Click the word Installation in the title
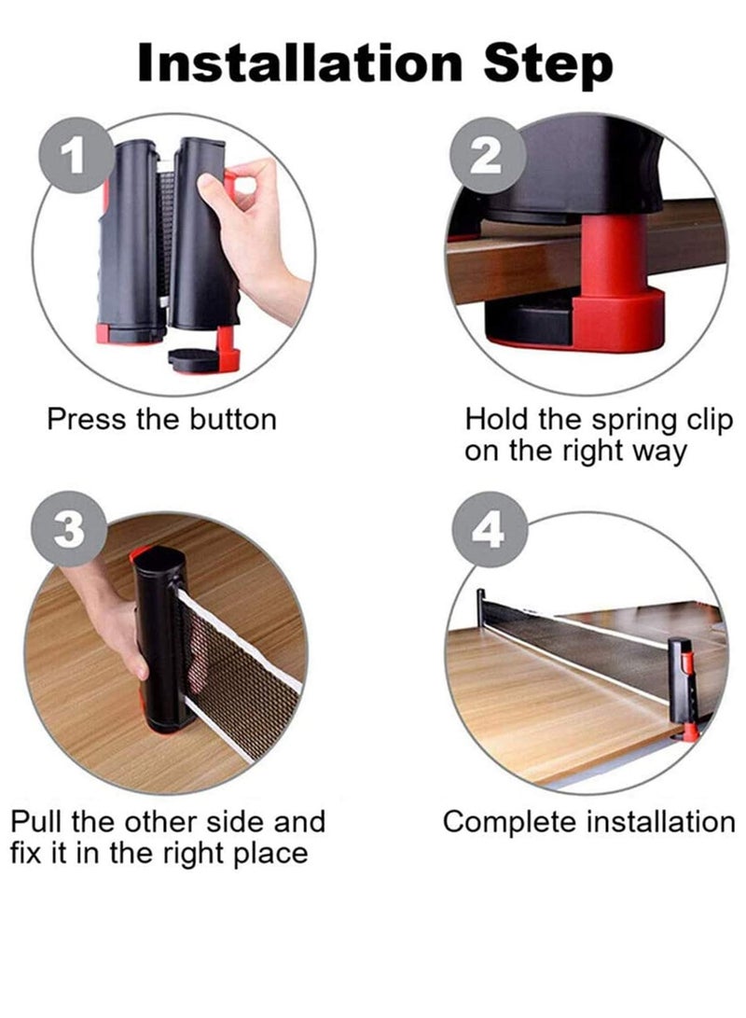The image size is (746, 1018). pos(300,63)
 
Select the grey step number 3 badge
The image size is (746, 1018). pos(68,529)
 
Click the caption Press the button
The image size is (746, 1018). pos(161,419)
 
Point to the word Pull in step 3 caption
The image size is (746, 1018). pos(37,822)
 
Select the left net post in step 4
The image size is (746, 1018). pos(481,612)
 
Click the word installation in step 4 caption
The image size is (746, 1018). pos(660,822)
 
